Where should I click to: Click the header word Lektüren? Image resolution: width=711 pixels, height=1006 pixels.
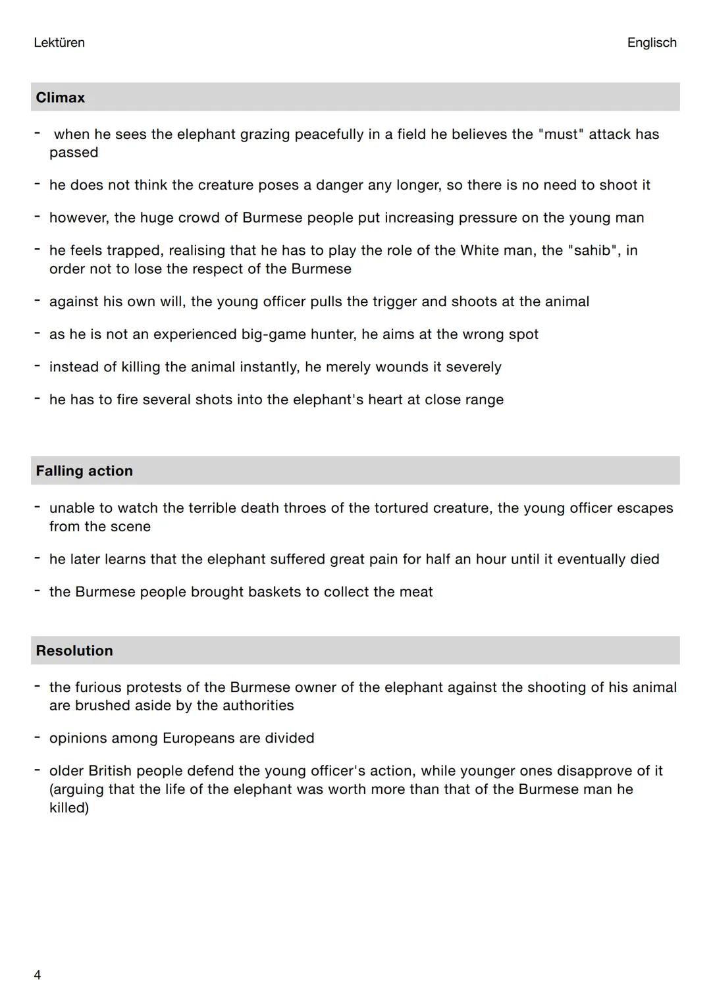[59, 43]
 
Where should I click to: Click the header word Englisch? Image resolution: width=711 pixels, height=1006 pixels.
[652, 43]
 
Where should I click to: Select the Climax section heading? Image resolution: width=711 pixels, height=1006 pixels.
[61, 97]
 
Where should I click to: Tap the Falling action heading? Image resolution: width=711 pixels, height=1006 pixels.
[84, 471]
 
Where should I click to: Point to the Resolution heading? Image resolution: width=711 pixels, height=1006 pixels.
[74, 650]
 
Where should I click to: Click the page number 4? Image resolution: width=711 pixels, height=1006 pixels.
[38, 975]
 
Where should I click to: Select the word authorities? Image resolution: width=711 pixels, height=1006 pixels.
[258, 706]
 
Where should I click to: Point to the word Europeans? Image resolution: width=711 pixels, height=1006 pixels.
[198, 738]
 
